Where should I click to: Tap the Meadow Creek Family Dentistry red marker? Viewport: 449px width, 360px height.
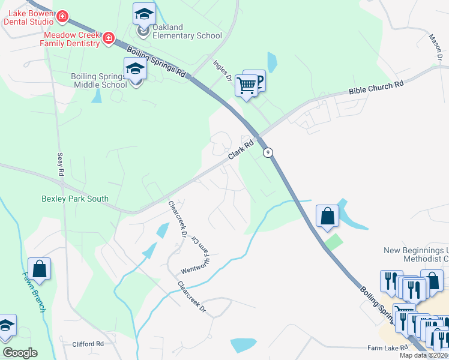[x=109, y=38]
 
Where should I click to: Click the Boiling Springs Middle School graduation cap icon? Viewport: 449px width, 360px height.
[x=135, y=70]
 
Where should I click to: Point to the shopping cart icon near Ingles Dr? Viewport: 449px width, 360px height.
[x=246, y=85]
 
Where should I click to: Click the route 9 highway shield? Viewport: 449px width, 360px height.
[x=269, y=152]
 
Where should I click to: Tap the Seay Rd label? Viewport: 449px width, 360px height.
[x=60, y=164]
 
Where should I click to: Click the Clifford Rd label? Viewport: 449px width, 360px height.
[x=88, y=344]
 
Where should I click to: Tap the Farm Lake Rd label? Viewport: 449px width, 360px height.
[x=387, y=347]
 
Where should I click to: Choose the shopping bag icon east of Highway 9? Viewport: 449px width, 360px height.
[x=328, y=217]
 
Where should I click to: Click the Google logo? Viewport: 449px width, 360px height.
[x=20, y=353]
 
